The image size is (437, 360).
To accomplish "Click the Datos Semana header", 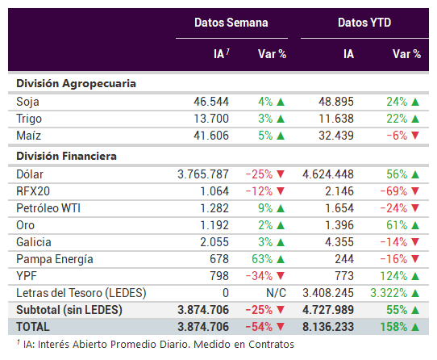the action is tap(231, 23).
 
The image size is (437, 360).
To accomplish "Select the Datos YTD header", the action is tap(364, 23).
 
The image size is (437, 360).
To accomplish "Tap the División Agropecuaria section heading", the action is tap(76, 84).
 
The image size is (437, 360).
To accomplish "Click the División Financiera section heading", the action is tap(66, 156).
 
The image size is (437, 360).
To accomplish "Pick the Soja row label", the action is tap(27, 102).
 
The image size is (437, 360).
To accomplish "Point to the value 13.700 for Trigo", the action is tap(211, 119).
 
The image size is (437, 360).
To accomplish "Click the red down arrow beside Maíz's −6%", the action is tap(415, 136).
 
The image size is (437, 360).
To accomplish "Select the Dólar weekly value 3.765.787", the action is tap(203, 174).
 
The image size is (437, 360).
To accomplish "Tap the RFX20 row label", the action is tap(33, 191).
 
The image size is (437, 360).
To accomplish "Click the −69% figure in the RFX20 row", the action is tap(393, 191).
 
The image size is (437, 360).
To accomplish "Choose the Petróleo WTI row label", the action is tap(48, 208).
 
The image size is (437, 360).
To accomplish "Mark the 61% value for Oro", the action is tap(397, 225).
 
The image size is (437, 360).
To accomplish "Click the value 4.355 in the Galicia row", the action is tap(339, 242).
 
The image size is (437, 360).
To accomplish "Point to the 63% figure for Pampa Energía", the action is tap(262, 259).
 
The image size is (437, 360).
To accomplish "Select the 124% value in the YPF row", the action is tap(393, 276).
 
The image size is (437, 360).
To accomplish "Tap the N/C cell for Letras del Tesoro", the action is tap(276, 293).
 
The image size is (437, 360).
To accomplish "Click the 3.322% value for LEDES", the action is tap(389, 293).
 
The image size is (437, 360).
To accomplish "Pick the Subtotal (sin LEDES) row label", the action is tap(69, 310).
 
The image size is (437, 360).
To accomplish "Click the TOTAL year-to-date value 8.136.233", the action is tap(328, 327).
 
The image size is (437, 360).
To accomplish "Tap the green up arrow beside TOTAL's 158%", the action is tap(415, 327).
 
